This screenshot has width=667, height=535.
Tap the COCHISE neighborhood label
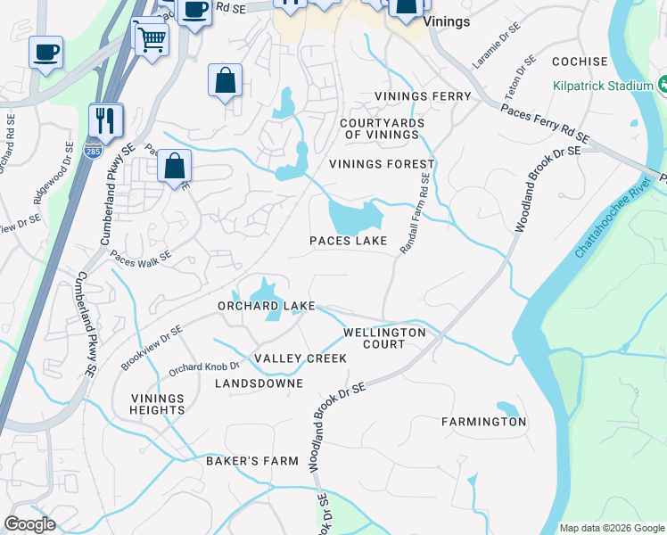(580, 62)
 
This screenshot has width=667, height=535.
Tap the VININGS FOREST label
(382, 164)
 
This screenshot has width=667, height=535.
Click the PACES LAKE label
(348, 241)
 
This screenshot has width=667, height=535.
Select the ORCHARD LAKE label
(267, 306)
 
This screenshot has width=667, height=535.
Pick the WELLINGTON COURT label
(384, 338)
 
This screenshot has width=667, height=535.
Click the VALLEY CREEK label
(301, 358)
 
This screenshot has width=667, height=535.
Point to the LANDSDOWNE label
(259, 383)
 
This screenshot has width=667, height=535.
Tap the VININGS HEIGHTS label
(158, 404)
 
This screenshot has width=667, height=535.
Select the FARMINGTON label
(484, 422)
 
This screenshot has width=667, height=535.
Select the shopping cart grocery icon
(152, 37)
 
